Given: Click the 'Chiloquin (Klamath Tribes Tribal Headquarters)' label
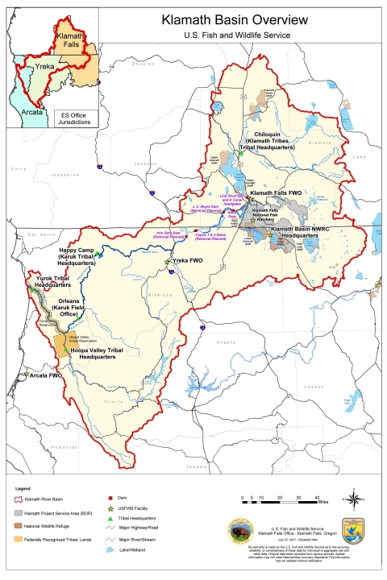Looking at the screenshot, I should tap(270, 142).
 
